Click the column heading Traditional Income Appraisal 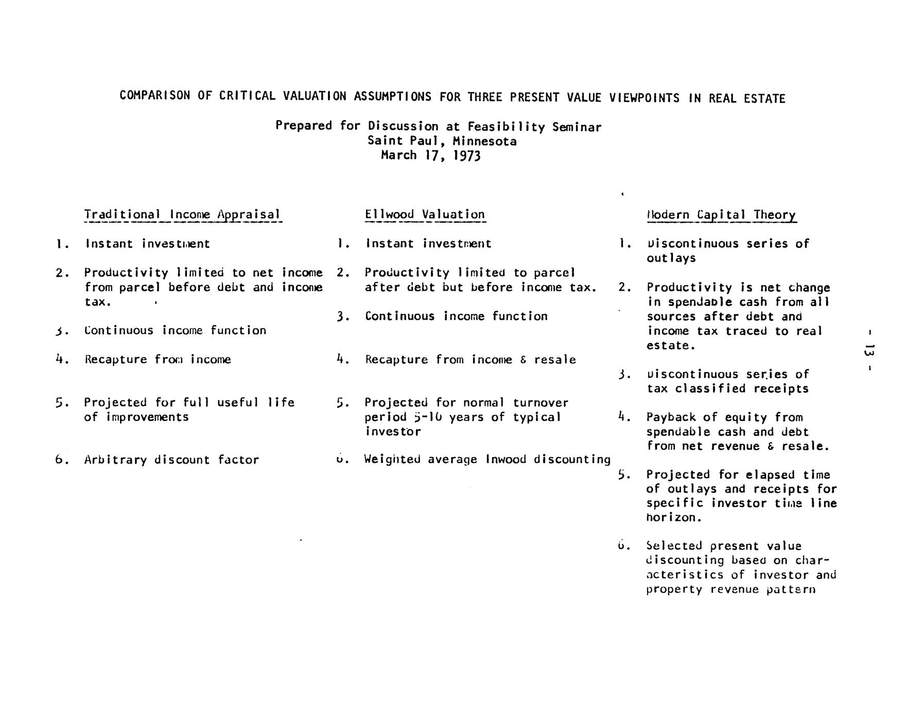point(182,214)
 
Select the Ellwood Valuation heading point(425,214)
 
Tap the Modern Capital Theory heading point(721,215)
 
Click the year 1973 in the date point(466,156)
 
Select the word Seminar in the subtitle point(577,127)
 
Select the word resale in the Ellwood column point(555,360)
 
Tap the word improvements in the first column point(147,417)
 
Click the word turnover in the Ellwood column point(541,402)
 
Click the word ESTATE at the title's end point(764,98)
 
